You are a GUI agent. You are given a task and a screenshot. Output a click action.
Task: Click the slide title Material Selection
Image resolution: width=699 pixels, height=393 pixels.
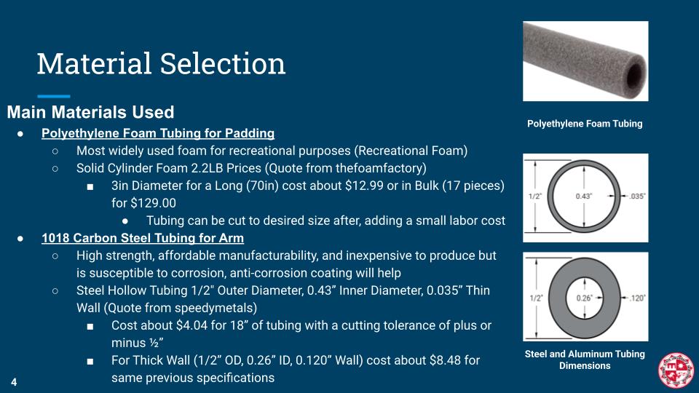pos(161,64)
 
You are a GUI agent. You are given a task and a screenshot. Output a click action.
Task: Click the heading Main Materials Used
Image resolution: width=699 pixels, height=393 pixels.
pos(90,112)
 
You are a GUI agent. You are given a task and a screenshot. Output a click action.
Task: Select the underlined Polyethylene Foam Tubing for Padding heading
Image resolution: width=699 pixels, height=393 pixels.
pos(158,133)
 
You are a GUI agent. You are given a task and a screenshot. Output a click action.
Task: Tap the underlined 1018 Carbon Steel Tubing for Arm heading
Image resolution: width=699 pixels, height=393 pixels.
pos(143,238)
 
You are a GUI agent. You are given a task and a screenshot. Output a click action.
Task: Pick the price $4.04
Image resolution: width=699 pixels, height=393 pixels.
pos(191,325)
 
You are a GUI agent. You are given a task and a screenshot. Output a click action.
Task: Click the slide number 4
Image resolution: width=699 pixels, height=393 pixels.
pos(14,382)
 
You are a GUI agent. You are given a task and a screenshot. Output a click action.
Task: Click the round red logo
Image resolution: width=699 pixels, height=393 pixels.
pos(676,370)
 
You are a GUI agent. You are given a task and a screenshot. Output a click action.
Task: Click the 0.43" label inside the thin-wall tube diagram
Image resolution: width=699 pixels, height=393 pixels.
pos(584,196)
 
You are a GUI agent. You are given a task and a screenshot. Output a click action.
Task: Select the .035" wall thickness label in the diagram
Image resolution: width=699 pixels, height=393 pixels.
pos(637,196)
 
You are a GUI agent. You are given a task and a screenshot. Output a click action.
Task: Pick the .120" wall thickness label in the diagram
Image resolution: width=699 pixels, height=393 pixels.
pos(638,298)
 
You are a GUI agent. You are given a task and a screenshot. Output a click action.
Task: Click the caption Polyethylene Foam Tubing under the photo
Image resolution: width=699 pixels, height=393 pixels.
pos(585,124)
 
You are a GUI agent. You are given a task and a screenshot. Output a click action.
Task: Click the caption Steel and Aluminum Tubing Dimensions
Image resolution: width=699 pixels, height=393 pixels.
pos(585,360)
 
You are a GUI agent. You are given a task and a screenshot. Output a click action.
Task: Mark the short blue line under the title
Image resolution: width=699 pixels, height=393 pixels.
pos(53,96)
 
